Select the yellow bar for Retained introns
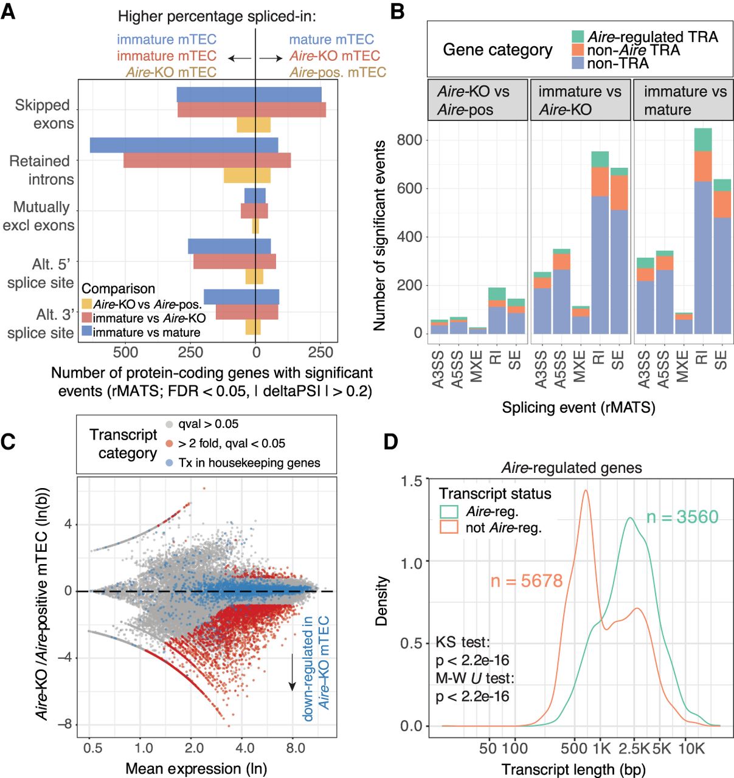pos(247,175)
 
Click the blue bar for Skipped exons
pos(249,95)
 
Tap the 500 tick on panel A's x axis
pos(126,352)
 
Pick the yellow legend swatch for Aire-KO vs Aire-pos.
pos(87,304)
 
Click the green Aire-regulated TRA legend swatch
pos(578,36)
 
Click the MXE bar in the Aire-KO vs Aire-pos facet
pos(477,330)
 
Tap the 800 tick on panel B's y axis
pos(409,140)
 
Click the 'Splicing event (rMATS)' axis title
pos(578,407)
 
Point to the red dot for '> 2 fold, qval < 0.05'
pos(170,444)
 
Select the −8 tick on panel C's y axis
pos(64,724)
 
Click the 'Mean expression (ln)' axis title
pos(196,768)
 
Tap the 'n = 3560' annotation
pos(682,517)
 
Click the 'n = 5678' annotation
pos(527,580)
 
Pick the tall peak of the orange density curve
pos(586,491)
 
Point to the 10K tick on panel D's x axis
pos(691,748)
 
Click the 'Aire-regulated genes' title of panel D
pos(572,467)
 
